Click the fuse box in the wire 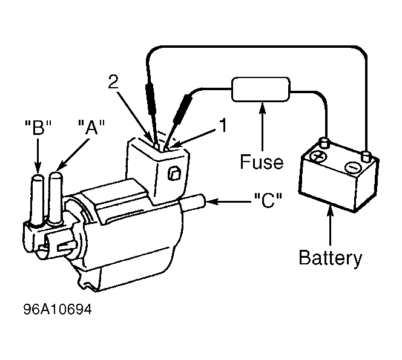pyautogui.click(x=261, y=89)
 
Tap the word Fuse pyautogui.click(x=262, y=162)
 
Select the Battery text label pyautogui.click(x=331, y=258)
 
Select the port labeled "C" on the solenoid pyautogui.click(x=194, y=203)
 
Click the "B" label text pyautogui.click(x=38, y=127)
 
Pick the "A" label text pyautogui.click(x=91, y=127)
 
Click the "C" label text pyautogui.click(x=268, y=200)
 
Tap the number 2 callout pyautogui.click(x=113, y=82)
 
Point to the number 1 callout pyautogui.click(x=223, y=125)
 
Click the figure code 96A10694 pyautogui.click(x=58, y=309)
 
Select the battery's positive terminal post pyautogui.click(x=324, y=143)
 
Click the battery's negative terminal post pyautogui.click(x=366, y=156)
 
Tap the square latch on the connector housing pyautogui.click(x=174, y=174)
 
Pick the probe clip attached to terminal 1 pyautogui.click(x=183, y=109)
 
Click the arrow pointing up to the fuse pyautogui.click(x=262, y=126)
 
